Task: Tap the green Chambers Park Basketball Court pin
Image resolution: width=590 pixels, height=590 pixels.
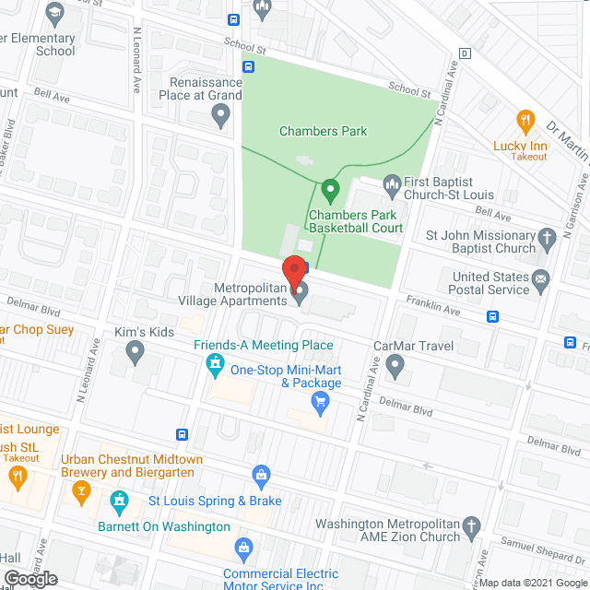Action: [330, 194]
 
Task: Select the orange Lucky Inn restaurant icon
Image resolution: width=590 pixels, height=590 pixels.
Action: [525, 121]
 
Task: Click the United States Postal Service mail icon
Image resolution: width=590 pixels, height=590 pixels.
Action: [541, 277]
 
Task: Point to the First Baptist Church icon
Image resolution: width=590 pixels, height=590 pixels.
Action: [392, 183]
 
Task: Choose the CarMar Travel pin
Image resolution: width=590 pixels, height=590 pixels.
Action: [395, 368]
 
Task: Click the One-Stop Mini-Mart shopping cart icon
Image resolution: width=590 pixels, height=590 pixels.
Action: [320, 400]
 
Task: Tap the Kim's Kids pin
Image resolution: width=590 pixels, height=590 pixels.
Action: [135, 350]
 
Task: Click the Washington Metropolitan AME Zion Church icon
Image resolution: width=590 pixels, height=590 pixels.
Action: [471, 527]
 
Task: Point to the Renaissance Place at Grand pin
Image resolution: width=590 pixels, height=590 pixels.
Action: [220, 116]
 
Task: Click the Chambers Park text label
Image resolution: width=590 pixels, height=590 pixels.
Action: [323, 131]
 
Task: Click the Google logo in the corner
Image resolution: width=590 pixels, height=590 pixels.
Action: [29, 578]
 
